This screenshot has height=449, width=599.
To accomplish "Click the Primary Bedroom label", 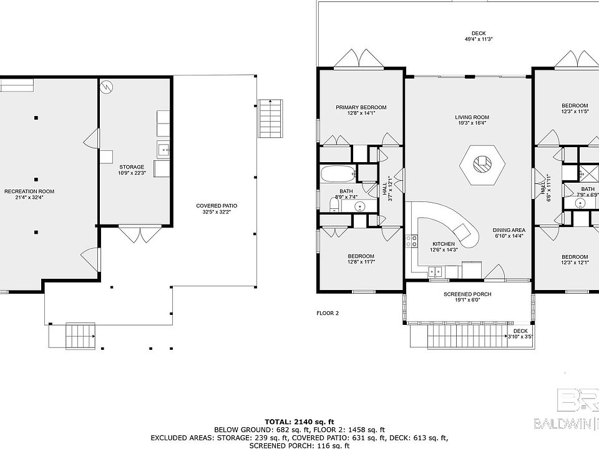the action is [361, 107].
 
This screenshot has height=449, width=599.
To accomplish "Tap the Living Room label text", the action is [472, 117].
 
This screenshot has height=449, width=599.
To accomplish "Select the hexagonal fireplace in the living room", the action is [482, 165].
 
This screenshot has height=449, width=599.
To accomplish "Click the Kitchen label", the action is [444, 244].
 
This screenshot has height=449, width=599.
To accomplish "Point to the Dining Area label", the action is [509, 230].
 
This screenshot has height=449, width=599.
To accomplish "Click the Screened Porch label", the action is [467, 294].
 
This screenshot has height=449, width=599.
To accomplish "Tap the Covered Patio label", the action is [217, 206].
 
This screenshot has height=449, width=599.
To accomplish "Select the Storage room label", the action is [132, 167].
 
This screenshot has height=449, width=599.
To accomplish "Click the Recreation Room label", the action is [29, 191].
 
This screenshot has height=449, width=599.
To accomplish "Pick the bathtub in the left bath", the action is [338, 174].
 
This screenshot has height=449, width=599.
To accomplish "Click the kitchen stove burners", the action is [411, 241].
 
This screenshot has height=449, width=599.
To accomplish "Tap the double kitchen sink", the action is [436, 272].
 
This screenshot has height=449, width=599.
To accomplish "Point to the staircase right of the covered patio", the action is [270, 118].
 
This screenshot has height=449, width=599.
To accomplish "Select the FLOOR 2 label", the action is [328, 313].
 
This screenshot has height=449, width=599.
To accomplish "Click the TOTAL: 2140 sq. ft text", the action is [299, 422].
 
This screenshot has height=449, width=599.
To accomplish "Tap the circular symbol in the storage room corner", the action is [107, 87].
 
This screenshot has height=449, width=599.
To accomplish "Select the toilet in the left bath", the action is [334, 205].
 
